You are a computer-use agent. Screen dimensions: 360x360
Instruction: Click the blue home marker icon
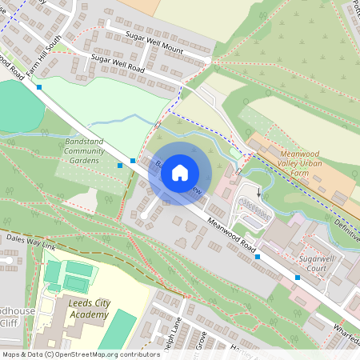click(x=180, y=173)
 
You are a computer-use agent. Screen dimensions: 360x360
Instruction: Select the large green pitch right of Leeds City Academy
click(x=119, y=330)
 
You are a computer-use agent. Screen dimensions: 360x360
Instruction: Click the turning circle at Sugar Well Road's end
click(x=208, y=60)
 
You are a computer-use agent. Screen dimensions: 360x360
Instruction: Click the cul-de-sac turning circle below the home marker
click(x=144, y=216)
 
